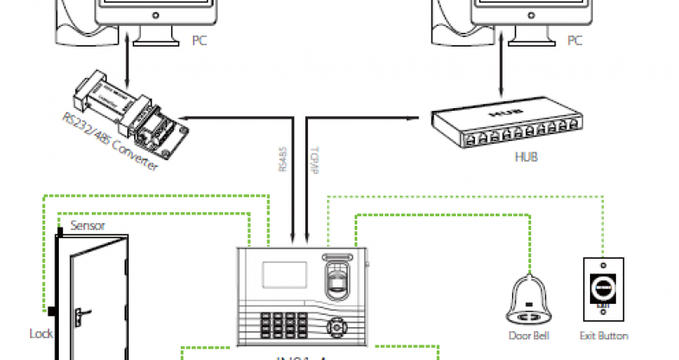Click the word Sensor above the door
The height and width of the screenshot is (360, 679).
87,226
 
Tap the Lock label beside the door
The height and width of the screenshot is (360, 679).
41,332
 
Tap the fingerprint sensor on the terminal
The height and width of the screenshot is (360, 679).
340,279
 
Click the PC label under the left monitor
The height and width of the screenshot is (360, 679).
199,40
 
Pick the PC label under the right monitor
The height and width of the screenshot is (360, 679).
574,40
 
